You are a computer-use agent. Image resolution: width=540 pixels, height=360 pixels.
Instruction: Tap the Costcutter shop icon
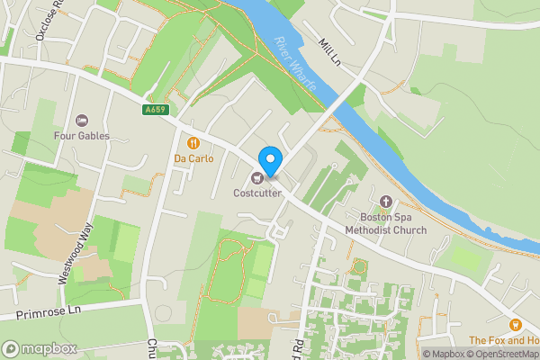[x=258, y=176]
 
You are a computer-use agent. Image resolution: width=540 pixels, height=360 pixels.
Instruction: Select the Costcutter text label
[x=257, y=193]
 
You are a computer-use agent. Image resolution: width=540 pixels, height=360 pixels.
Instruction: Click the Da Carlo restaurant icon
[x=193, y=142]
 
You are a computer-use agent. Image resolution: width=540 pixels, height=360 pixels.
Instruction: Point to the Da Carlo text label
[x=193, y=159]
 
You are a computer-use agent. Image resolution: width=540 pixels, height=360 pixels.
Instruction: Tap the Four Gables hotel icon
[x=81, y=121]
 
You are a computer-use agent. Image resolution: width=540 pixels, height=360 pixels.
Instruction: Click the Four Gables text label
[x=81, y=136]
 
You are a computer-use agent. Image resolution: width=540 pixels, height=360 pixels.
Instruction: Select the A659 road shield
[x=155, y=110]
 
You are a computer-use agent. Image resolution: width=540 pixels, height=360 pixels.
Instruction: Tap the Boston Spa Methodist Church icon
[x=386, y=202]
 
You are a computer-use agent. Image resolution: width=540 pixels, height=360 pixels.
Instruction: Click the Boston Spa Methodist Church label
[x=386, y=223]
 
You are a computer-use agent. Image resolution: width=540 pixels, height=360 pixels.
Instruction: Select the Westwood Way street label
[x=76, y=255]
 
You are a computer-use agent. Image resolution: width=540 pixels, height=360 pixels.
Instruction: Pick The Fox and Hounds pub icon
[x=515, y=324]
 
